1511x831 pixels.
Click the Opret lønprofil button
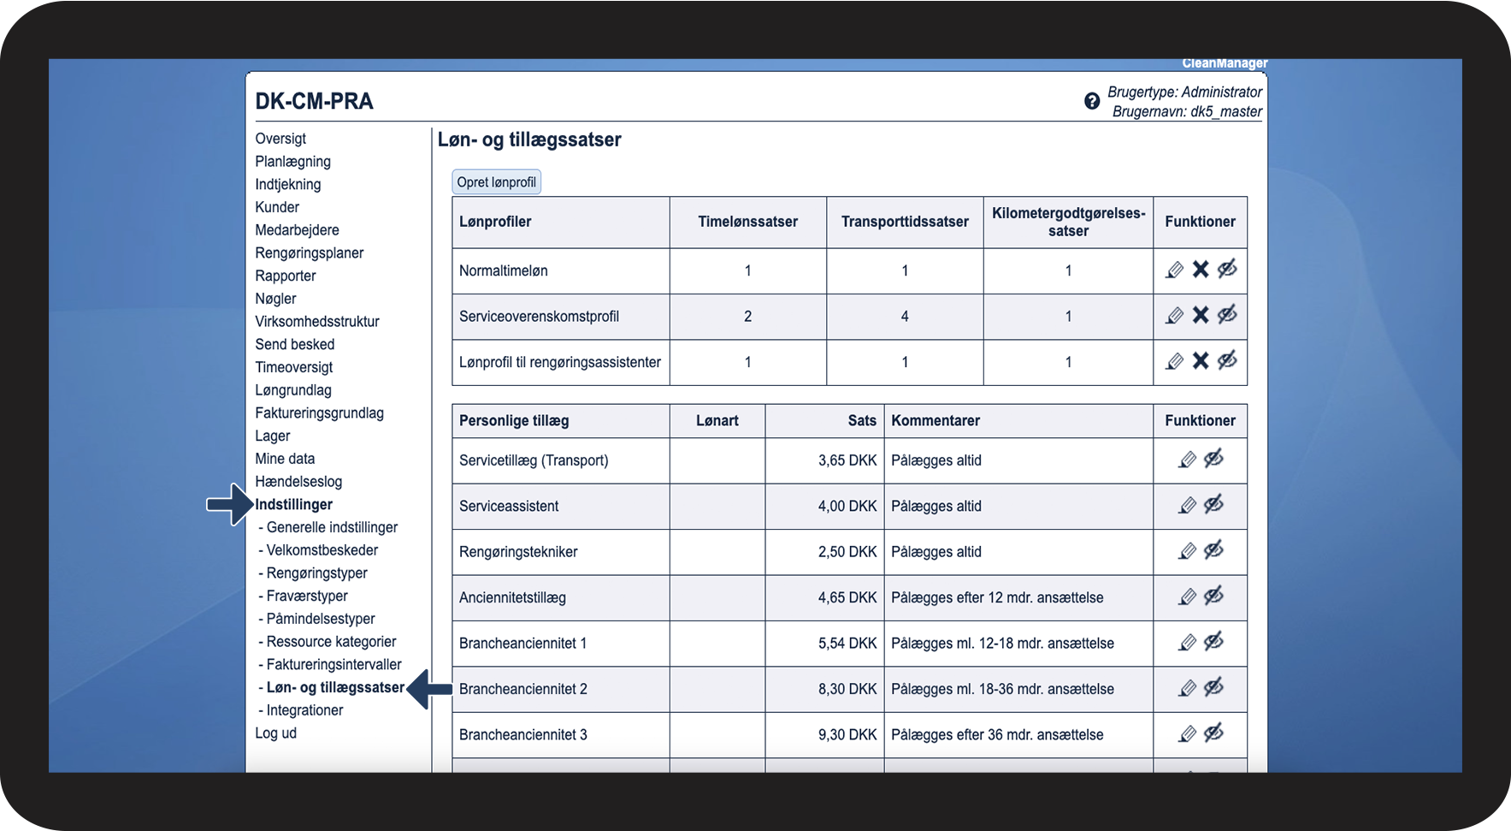[496, 182]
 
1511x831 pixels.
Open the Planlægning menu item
[292, 162]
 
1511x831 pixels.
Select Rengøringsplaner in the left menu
[309, 253]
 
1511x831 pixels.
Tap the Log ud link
[275, 733]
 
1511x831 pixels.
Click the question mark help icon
[1092, 101]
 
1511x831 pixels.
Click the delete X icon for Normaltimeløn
[1201, 270]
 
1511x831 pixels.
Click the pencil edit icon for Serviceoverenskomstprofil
[1175, 316]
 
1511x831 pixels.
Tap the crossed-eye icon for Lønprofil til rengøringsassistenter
[1227, 361]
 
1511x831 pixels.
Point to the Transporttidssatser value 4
[905, 317]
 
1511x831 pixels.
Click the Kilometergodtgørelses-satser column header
[1068, 223]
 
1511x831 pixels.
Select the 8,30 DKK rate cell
[847, 689]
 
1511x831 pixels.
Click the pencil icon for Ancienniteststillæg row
[1187, 597]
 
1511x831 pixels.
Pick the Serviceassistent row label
[509, 507]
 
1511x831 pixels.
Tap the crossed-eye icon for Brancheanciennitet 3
[1213, 733]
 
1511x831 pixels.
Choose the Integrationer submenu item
[304, 710]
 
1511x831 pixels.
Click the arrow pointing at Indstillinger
[228, 504]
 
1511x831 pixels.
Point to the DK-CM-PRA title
[314, 102]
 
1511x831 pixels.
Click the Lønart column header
[717, 421]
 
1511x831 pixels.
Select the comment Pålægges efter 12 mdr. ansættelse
[997, 598]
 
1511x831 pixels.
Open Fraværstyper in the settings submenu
[307, 597]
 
